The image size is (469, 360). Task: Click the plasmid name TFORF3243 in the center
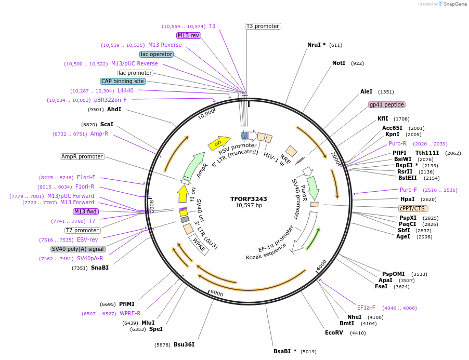(249, 199)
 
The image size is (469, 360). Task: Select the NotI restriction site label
(338, 63)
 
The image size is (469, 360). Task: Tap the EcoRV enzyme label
(334, 332)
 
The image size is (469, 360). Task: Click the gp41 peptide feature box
(386, 104)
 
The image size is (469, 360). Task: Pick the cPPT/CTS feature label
(414, 208)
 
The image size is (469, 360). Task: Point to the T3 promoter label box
(263, 26)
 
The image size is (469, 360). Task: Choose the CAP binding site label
(123, 81)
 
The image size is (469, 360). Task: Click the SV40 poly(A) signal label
(79, 249)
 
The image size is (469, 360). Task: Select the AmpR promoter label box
(82, 156)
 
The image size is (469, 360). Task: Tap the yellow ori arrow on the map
(218, 142)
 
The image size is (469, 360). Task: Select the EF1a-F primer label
(366, 308)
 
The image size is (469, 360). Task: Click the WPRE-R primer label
(130, 313)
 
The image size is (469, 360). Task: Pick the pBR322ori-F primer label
(110, 100)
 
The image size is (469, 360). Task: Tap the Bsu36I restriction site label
(184, 344)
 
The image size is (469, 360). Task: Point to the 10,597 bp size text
(249, 206)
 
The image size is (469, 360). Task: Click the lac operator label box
(157, 54)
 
